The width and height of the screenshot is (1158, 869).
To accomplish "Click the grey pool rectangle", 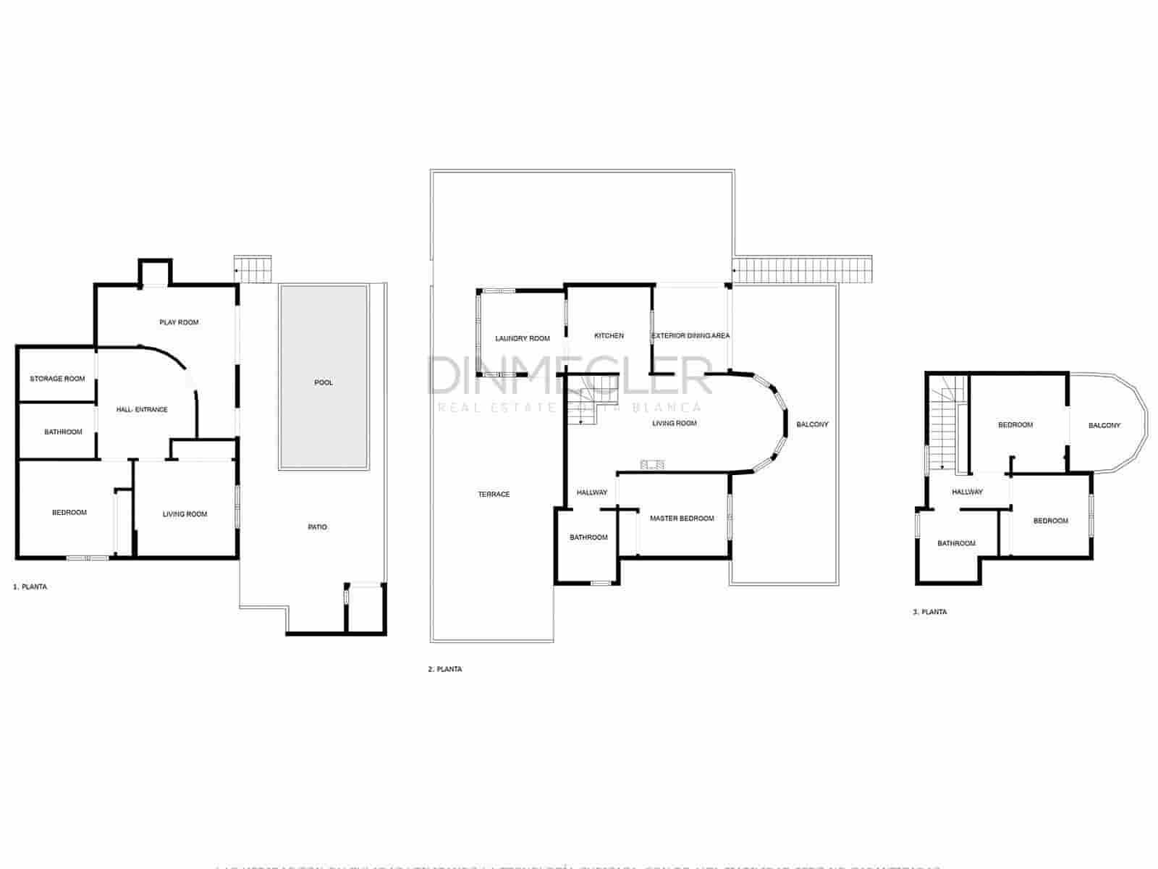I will click(x=324, y=377).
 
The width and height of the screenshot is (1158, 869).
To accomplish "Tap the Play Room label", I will click(x=179, y=322).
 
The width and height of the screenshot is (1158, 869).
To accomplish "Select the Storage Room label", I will click(x=57, y=379).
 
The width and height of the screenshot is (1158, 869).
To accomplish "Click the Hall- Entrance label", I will click(x=142, y=410).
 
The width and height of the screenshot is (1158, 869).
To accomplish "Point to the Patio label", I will click(x=318, y=527).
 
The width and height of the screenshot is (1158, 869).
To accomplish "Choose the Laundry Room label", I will click(x=523, y=338).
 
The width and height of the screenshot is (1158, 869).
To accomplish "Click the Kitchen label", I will click(x=609, y=336).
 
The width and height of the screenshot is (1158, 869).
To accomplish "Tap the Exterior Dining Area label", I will click(x=690, y=336).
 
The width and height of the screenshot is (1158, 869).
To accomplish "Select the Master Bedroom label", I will click(x=682, y=519).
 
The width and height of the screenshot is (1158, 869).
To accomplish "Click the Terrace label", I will click(x=494, y=495).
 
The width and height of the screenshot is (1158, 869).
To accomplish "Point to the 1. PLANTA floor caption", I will click(x=30, y=587).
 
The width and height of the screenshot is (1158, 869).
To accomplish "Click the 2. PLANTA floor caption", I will click(x=444, y=670).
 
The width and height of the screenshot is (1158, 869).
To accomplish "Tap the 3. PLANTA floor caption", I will click(x=930, y=612).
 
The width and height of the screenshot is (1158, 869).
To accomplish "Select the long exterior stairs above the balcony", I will click(x=803, y=269).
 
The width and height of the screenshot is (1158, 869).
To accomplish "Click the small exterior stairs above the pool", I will click(x=253, y=269).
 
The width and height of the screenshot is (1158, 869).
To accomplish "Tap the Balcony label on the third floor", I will click(x=1104, y=426).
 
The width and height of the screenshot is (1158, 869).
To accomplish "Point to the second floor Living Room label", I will click(x=675, y=424).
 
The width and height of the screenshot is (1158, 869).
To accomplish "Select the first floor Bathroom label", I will click(x=64, y=432).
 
